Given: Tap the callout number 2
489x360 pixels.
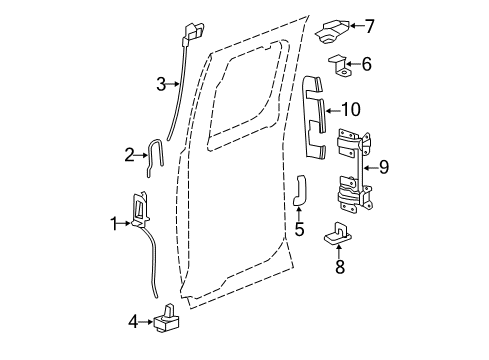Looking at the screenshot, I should click(x=129, y=154).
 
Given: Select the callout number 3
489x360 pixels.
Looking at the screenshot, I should click(x=160, y=84).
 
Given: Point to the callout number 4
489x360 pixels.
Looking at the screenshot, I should click(x=133, y=321).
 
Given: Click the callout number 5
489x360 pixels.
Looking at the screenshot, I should click(x=299, y=230).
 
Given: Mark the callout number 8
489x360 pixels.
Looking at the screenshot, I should click(x=339, y=266).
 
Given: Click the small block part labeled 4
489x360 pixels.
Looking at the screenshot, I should click(x=167, y=320).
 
